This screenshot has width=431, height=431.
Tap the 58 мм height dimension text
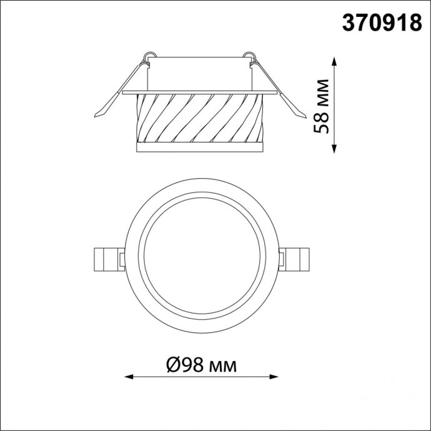click(x=323, y=106)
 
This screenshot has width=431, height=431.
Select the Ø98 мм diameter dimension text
click(x=201, y=365)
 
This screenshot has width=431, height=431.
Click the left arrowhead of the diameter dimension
click(x=129, y=377)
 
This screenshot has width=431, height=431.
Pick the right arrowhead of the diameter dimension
click(x=277, y=377)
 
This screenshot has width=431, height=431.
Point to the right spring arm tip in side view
click(x=302, y=114)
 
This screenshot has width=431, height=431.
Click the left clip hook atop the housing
click(x=149, y=58)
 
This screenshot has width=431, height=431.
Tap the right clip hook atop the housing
click(x=250, y=58)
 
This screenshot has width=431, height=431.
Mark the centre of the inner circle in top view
click(x=202, y=257)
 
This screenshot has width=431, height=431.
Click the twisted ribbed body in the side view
click(x=200, y=119)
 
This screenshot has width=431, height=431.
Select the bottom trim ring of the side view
click(x=200, y=147)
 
